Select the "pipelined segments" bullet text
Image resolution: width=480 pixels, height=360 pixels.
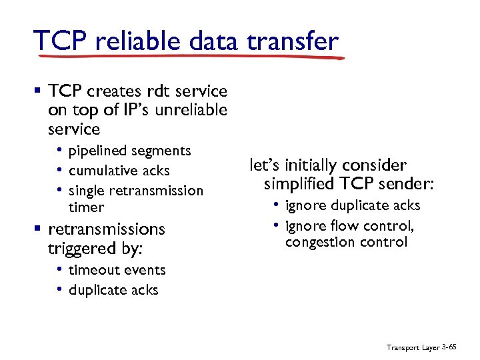pos(129,151)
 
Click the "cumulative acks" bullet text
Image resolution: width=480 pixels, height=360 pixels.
pos(119,171)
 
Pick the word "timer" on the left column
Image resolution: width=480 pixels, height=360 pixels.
pos(86,207)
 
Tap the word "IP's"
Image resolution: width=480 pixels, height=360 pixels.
pos(121,109)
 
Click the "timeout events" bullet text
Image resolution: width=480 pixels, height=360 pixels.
pos(117,270)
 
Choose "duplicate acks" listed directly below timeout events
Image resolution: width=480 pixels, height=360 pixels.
pos(113,290)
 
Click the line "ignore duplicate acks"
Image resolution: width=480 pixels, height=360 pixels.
pos(353,205)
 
